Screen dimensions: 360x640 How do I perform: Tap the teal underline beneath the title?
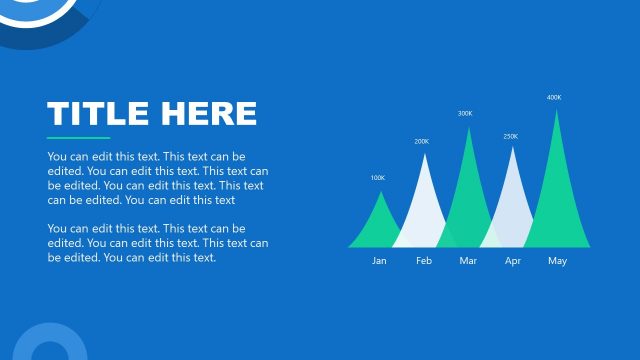78,138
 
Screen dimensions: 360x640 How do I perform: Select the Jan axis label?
379,261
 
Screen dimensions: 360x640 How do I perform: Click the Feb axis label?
424,261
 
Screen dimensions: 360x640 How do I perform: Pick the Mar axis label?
468,261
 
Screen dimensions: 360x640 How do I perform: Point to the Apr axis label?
513,261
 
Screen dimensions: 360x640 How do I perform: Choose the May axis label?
557,261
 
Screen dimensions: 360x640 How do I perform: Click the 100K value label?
377,178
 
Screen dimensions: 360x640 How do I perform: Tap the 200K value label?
421,142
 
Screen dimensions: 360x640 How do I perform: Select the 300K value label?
465,113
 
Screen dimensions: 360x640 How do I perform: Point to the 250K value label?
510,136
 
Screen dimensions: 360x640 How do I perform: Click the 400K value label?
554,97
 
